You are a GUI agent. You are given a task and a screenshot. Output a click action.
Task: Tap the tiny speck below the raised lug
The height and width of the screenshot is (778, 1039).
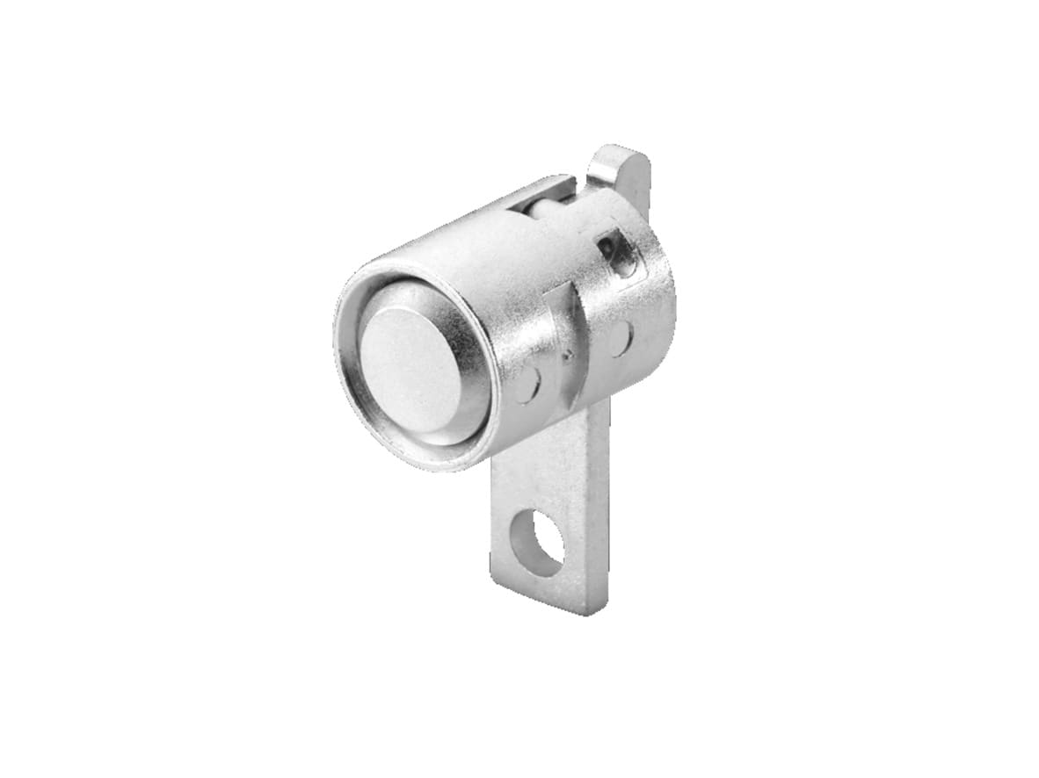(x=569, y=357)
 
